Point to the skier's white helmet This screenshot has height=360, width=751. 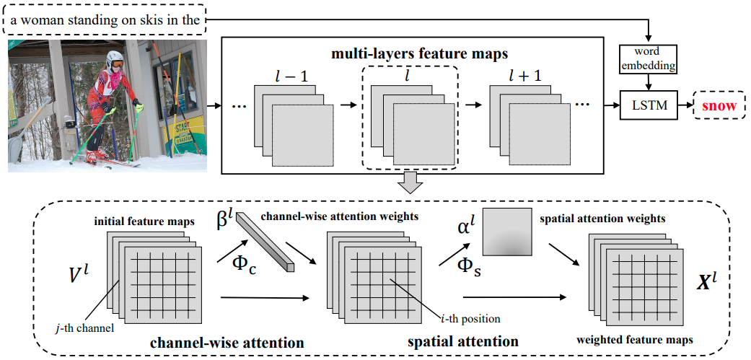pyautogui.click(x=115, y=58)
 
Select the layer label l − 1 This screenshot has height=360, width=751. pyautogui.click(x=293, y=74)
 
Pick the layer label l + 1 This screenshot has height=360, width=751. pyautogui.click(x=528, y=74)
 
